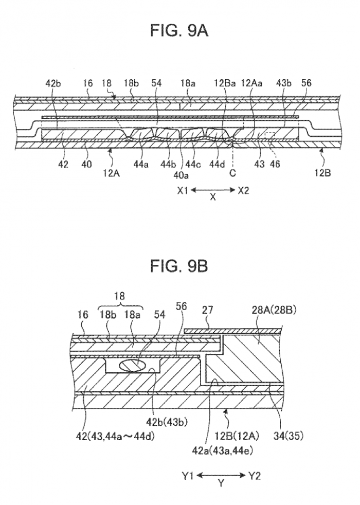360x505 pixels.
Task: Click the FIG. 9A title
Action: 179,32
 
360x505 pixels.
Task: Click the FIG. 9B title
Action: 179,266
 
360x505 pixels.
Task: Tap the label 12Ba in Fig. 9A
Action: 226,82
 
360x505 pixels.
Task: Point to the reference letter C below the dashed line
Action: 232,173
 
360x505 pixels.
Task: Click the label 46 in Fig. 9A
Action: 277,165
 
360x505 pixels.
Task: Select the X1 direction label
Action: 184,190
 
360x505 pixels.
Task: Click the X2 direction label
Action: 243,190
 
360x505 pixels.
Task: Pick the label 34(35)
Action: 291,436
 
